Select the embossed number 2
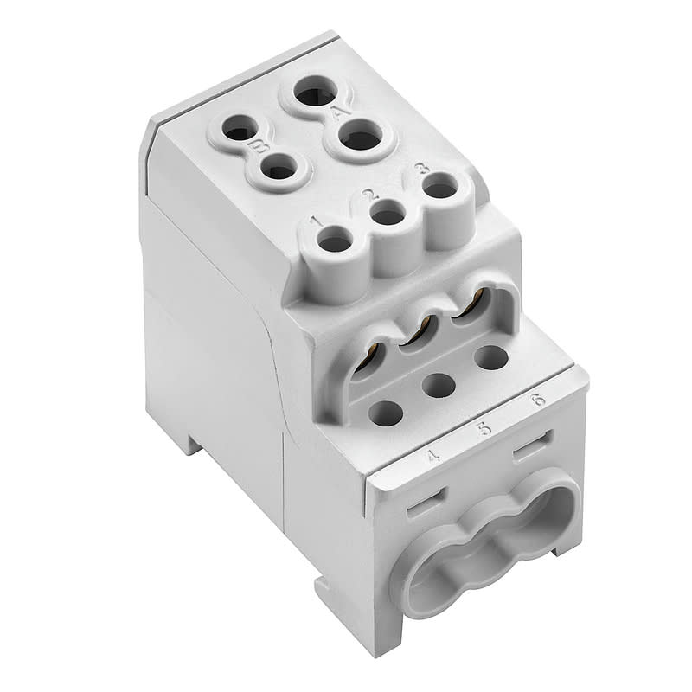pos(368,195)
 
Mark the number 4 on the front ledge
pos(433,455)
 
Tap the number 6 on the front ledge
pos(537,400)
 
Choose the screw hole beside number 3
pos(440,186)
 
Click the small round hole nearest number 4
pos(386,413)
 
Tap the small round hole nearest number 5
pos(439,384)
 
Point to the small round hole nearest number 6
pos(490,356)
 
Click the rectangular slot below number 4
pos(426,501)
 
